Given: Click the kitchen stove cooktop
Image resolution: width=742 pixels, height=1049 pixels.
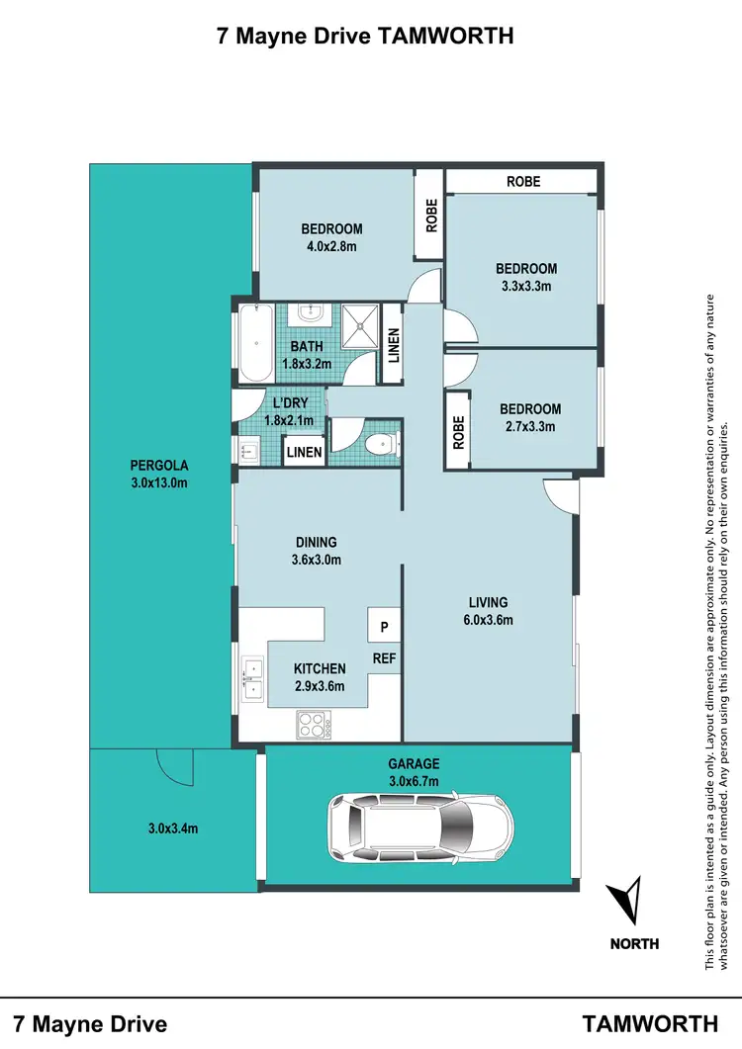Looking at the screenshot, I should [314, 725].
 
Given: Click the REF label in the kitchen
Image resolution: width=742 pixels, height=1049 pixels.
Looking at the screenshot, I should [384, 656].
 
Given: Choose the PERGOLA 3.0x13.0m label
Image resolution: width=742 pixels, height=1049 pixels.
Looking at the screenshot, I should [159, 474].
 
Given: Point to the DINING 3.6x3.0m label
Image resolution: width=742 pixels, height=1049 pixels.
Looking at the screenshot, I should [317, 551].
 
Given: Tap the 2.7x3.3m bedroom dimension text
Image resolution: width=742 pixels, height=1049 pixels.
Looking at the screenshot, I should [530, 427].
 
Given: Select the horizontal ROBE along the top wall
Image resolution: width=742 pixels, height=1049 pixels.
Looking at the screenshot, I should [522, 182].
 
